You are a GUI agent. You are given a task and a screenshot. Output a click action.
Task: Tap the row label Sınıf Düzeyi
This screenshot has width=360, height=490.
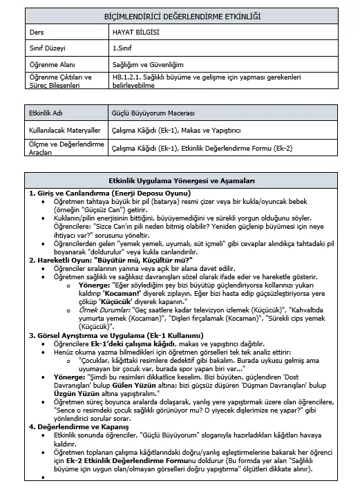pyautogui.click(x=46, y=48)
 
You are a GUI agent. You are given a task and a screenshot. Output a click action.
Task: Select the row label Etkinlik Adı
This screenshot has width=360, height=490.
pyautogui.click(x=47, y=111)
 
